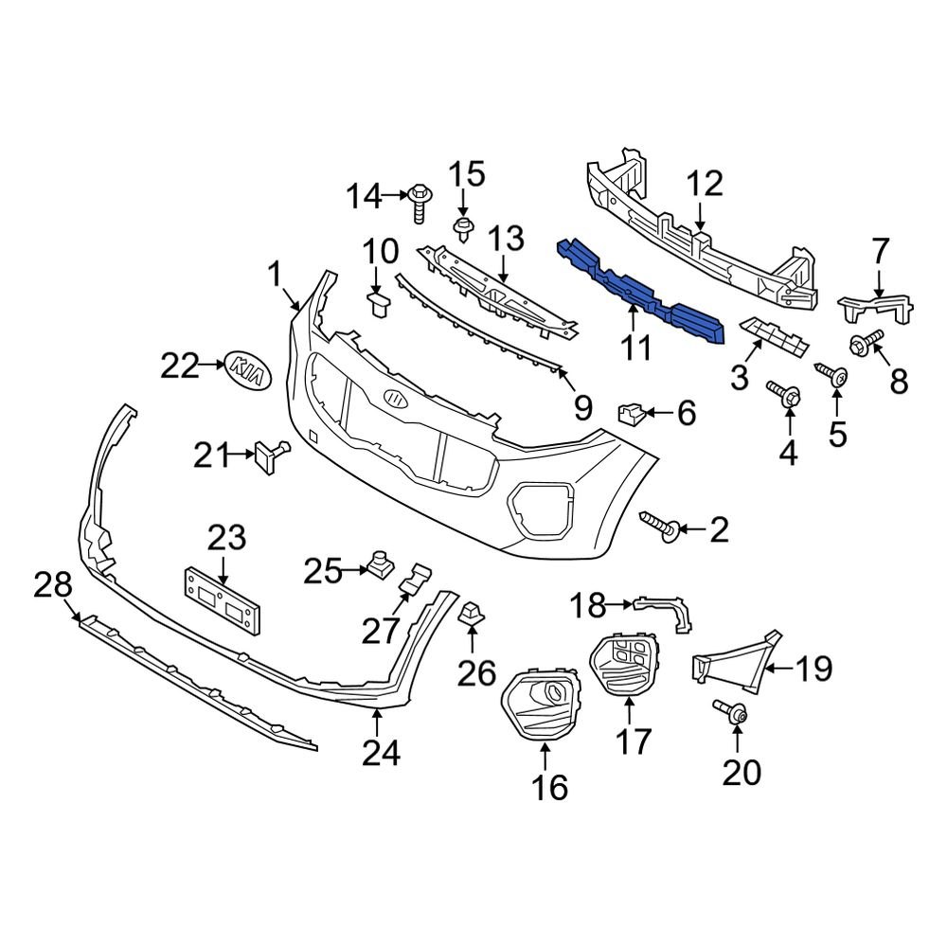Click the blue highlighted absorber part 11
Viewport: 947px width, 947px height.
[x=644, y=289]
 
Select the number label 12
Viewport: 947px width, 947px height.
[x=705, y=184]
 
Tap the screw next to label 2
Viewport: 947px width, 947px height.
[x=659, y=528]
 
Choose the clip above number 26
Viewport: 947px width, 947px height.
[x=471, y=615]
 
